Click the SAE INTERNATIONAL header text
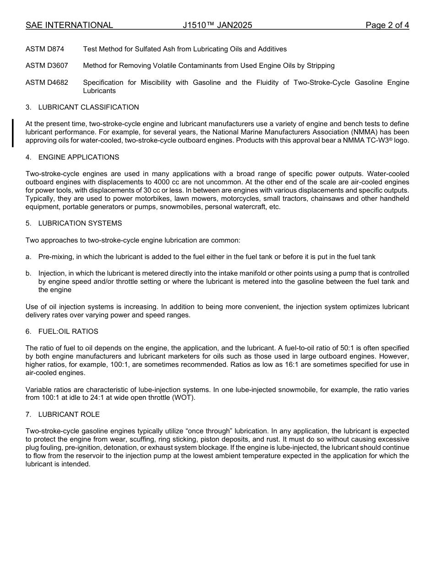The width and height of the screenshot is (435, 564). (x=69, y=25)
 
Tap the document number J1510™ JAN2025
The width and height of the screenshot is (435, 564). (x=217, y=25)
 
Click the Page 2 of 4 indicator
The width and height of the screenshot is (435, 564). (x=387, y=25)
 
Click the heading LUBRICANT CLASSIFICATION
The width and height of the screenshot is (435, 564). (x=88, y=107)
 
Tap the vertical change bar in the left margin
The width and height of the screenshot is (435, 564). (x=13, y=133)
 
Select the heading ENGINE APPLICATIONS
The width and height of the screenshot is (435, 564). (x=79, y=157)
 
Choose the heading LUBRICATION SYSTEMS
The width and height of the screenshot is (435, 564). (x=80, y=223)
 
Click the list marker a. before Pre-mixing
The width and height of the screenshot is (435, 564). (x=28, y=257)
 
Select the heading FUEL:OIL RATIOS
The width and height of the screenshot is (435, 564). (x=68, y=332)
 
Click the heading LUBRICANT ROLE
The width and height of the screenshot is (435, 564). (x=69, y=415)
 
